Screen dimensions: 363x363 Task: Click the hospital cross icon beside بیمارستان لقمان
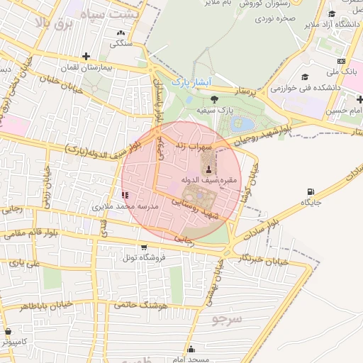pos(86,56)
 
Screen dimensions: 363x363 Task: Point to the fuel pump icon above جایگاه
pos(311,192)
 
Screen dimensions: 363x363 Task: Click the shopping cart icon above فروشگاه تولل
pos(144,247)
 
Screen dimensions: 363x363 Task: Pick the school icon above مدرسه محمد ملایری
pos(125,194)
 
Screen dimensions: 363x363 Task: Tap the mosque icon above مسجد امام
pos(191,349)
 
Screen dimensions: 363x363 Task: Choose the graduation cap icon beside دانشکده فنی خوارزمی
pos(306,77)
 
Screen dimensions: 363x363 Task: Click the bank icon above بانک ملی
pos(341,61)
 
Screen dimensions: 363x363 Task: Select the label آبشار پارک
pos(192,83)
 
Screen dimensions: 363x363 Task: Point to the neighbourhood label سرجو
pos(227,319)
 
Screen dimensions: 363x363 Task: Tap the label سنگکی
pos(120,43)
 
